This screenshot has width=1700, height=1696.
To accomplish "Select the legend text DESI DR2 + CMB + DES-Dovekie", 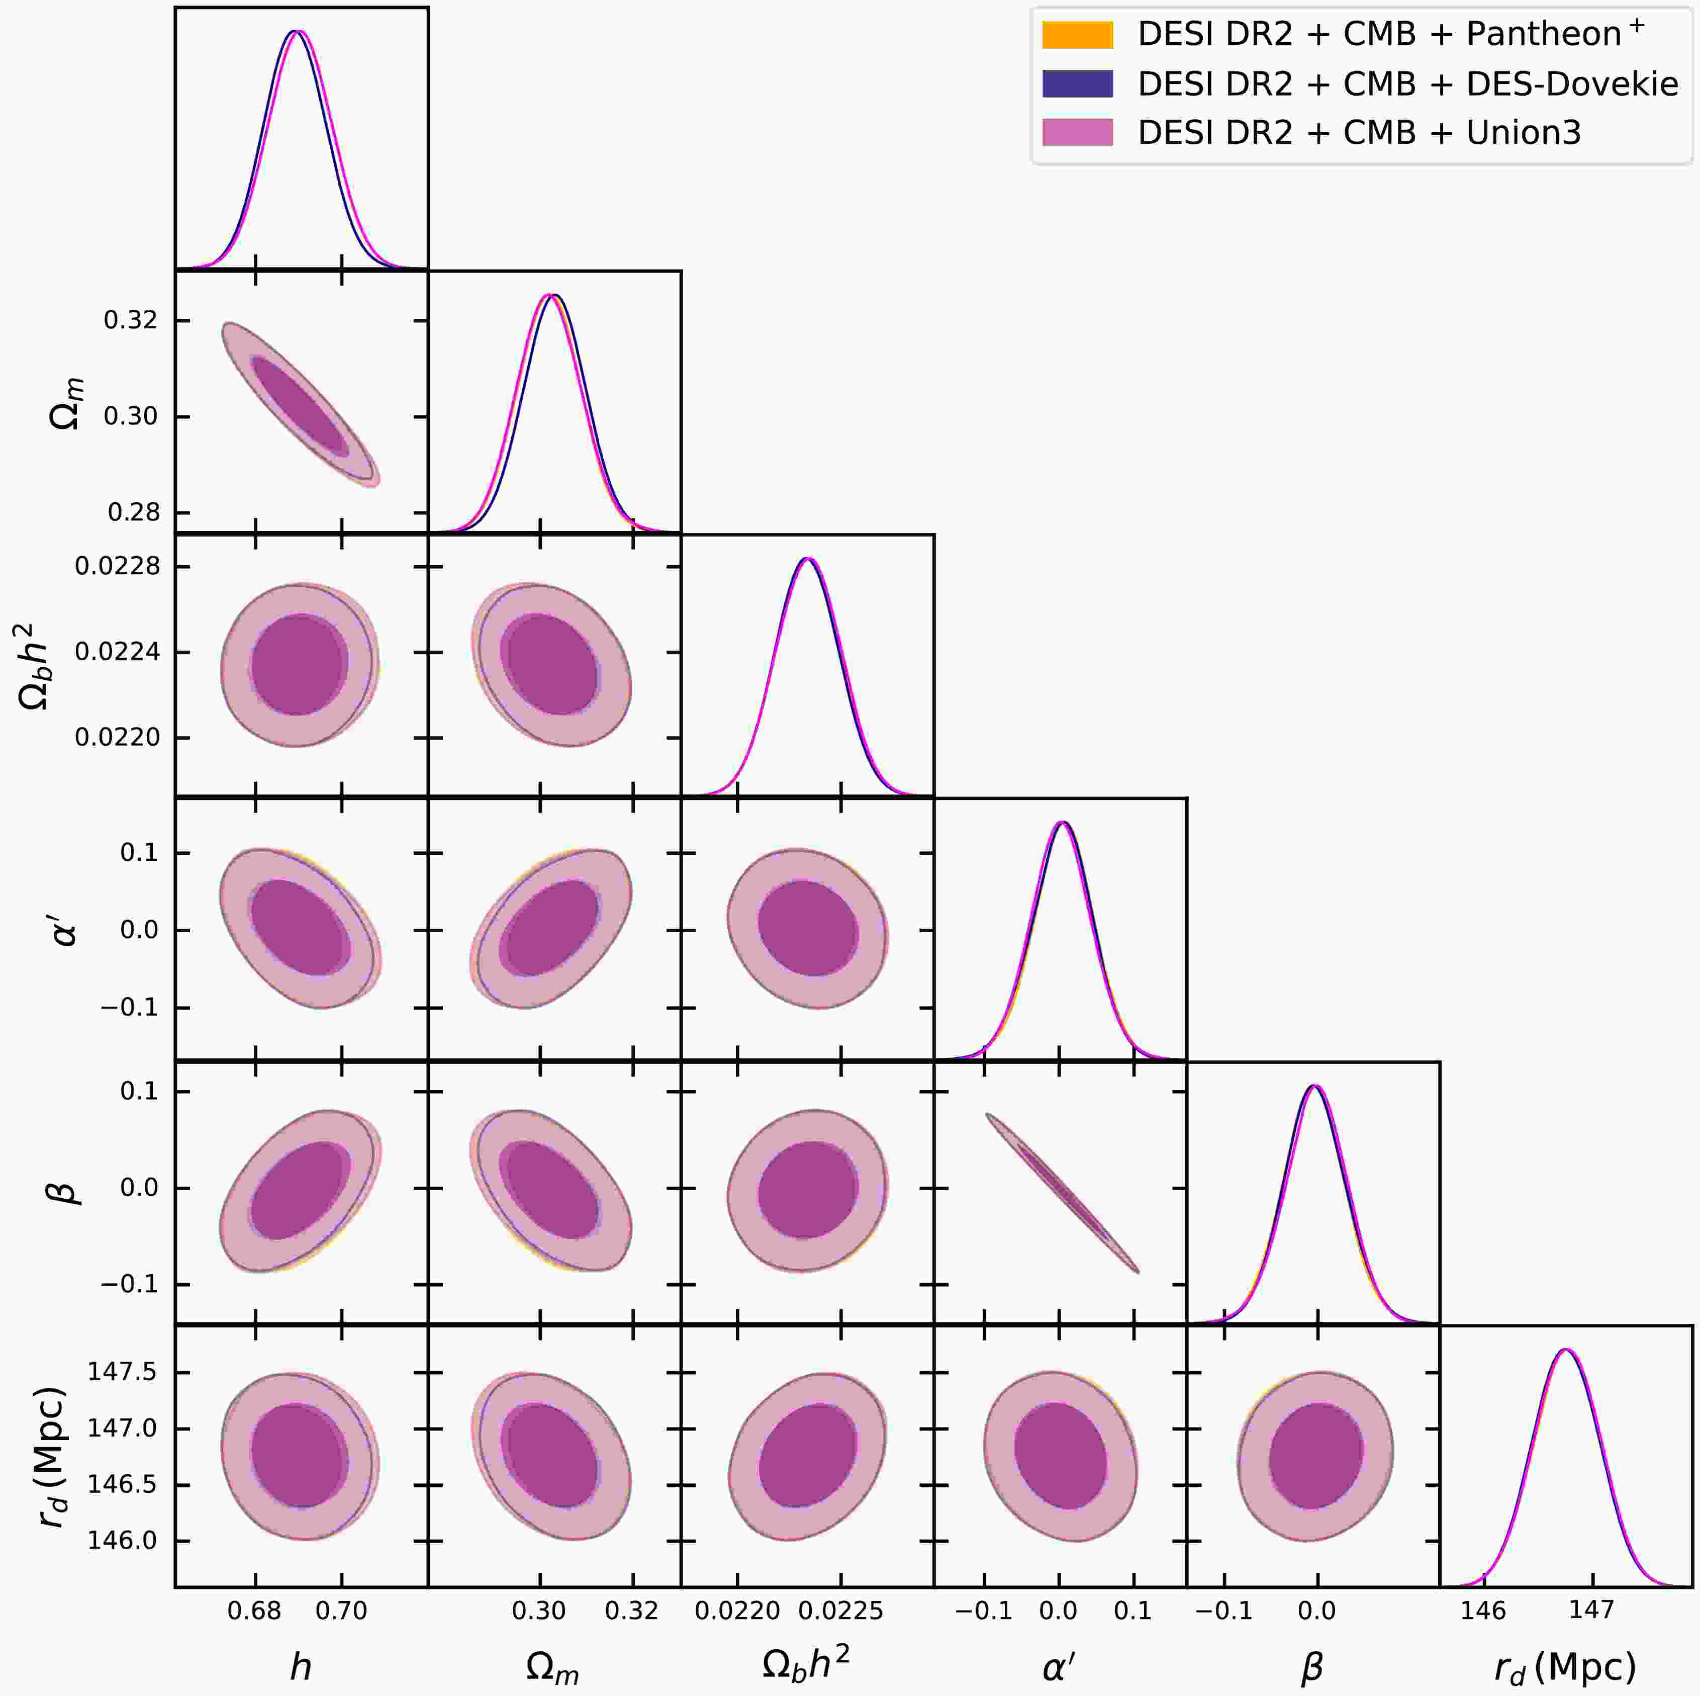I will pos(1408,83).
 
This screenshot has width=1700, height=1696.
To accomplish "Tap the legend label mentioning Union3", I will pos(1360,133).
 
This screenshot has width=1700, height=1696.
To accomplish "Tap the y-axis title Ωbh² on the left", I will pos(40,666).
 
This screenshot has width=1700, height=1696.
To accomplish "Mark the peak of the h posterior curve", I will pos(297,32).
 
